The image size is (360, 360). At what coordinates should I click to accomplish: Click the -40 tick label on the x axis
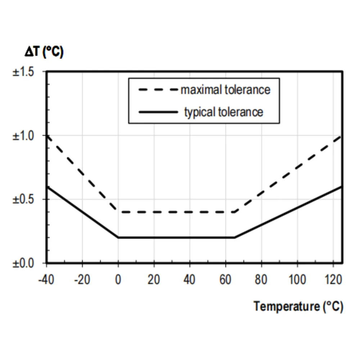tap(46, 279)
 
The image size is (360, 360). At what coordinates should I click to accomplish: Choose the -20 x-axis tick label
tap(82, 279)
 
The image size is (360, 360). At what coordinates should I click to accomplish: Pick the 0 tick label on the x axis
tap(118, 279)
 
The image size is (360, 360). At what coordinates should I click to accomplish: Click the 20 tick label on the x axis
tap(154, 279)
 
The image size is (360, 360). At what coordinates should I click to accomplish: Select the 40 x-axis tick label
tap(190, 279)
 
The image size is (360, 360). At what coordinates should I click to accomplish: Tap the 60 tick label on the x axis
tap(225, 279)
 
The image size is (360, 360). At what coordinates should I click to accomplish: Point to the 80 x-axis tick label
tap(261, 279)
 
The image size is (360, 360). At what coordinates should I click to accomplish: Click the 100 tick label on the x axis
tap(297, 279)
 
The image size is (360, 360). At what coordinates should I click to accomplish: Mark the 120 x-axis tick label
tap(333, 279)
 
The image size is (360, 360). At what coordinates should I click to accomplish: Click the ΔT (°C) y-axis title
tap(44, 53)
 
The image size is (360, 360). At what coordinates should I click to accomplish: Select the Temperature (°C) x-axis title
tap(298, 306)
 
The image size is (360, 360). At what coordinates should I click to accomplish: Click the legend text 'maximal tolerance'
tap(225, 90)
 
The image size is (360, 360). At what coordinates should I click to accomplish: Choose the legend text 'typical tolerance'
tap(224, 112)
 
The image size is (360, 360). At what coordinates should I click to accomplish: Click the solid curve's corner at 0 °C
tap(118, 238)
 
